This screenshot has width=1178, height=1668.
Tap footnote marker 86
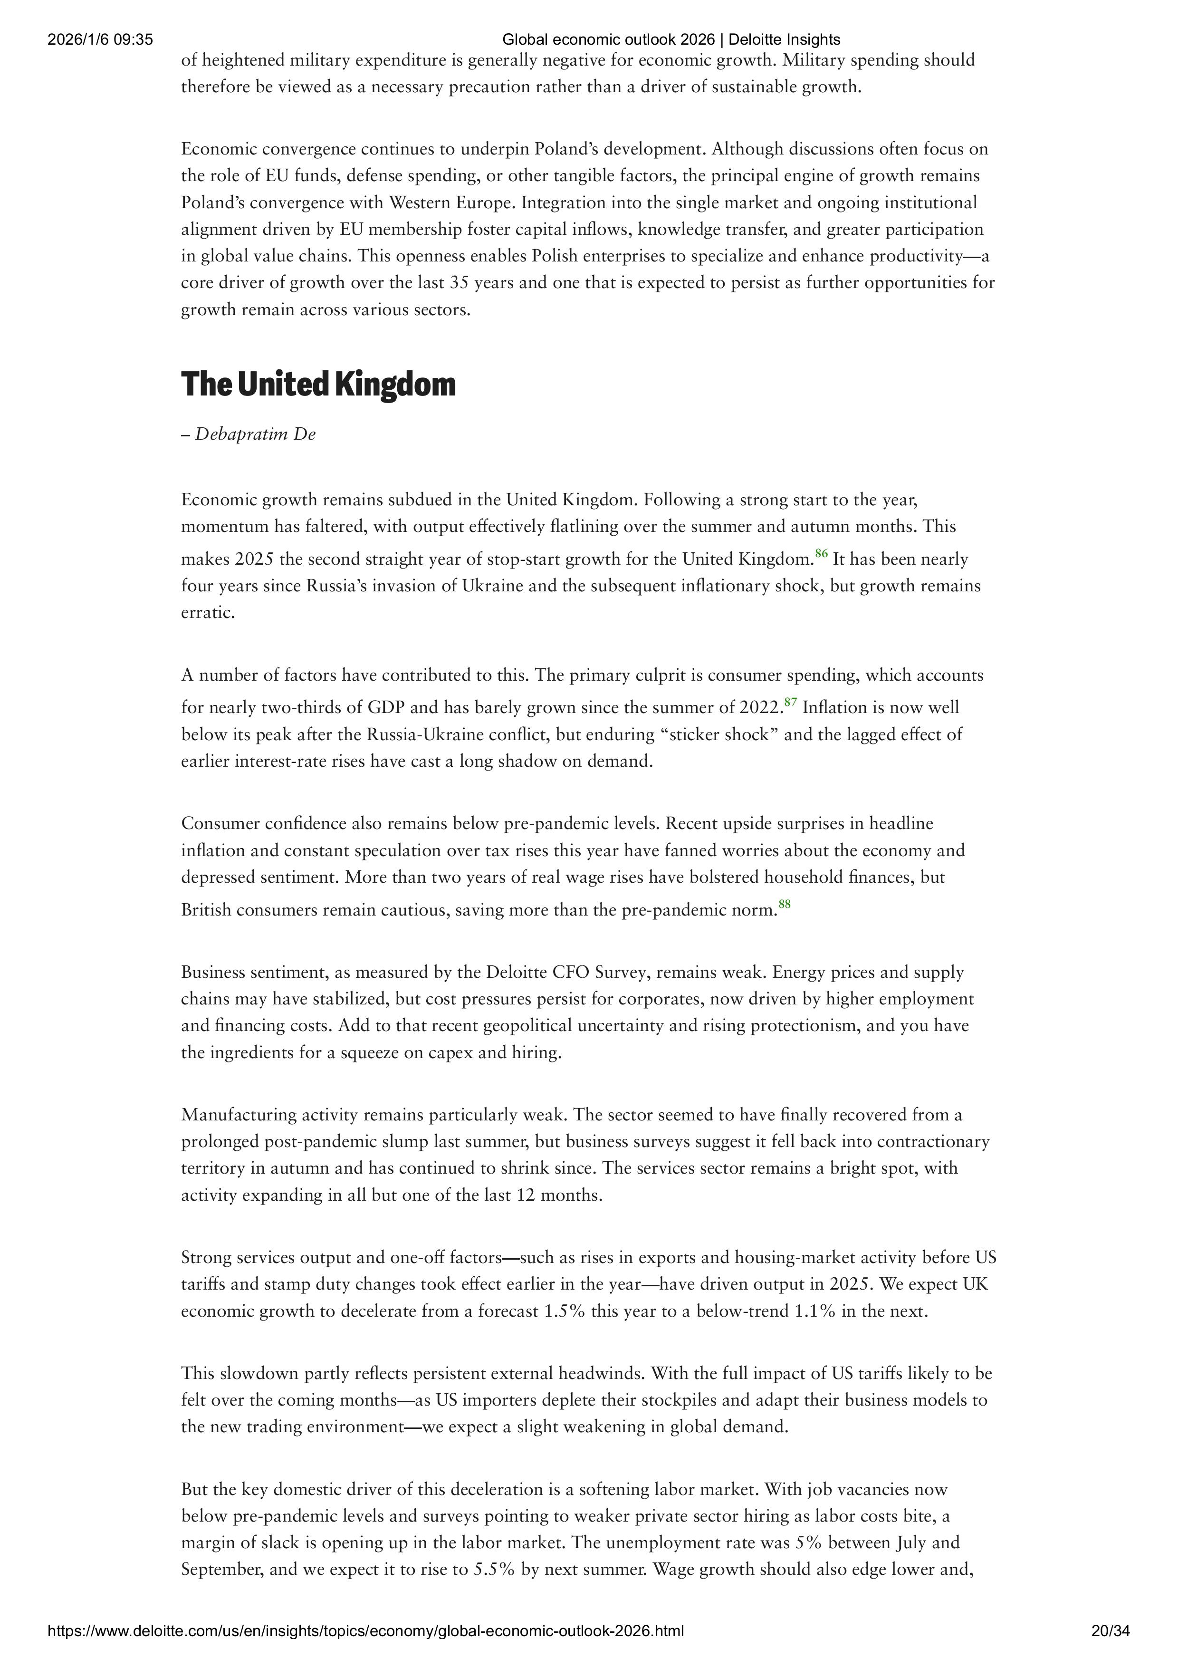tap(822, 554)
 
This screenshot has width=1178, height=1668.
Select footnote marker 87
tap(791, 702)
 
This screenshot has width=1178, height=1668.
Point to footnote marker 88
tap(785, 904)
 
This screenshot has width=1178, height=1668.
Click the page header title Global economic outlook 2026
tap(671, 40)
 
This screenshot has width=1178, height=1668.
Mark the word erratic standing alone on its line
tap(208, 612)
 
